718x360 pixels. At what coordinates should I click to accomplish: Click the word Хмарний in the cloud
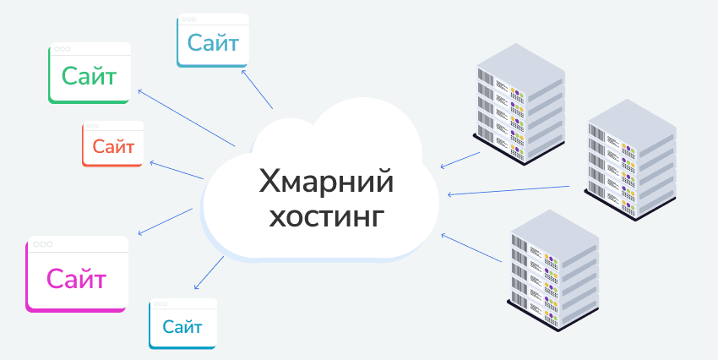[x=326, y=182]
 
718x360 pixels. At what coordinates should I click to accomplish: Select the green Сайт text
[x=90, y=76]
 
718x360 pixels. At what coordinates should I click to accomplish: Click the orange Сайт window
[x=112, y=144]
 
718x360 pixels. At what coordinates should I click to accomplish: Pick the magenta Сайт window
[x=77, y=274]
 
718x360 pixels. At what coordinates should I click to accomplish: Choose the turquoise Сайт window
[x=213, y=41]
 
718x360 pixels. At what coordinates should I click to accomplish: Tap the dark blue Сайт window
[x=182, y=324]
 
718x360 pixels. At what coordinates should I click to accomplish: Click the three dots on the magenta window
[x=42, y=244]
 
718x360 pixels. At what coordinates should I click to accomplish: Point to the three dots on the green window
[x=63, y=49]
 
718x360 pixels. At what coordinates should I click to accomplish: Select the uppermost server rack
[x=519, y=104]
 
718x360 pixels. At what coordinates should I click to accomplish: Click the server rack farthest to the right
[x=630, y=160]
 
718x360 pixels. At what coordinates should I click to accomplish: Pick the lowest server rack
[x=553, y=270]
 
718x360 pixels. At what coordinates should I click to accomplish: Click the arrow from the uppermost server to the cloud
[x=460, y=160]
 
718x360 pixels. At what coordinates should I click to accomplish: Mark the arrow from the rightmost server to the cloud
[x=509, y=190]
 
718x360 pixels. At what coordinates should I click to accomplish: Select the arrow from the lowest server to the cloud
[x=471, y=248]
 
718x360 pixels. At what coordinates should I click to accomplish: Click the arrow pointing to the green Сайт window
[x=187, y=118]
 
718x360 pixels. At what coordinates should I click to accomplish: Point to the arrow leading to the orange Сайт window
[x=177, y=170]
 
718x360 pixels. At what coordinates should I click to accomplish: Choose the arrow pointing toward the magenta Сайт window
[x=165, y=221]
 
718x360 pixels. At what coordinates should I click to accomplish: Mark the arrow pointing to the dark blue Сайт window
[x=209, y=272]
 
